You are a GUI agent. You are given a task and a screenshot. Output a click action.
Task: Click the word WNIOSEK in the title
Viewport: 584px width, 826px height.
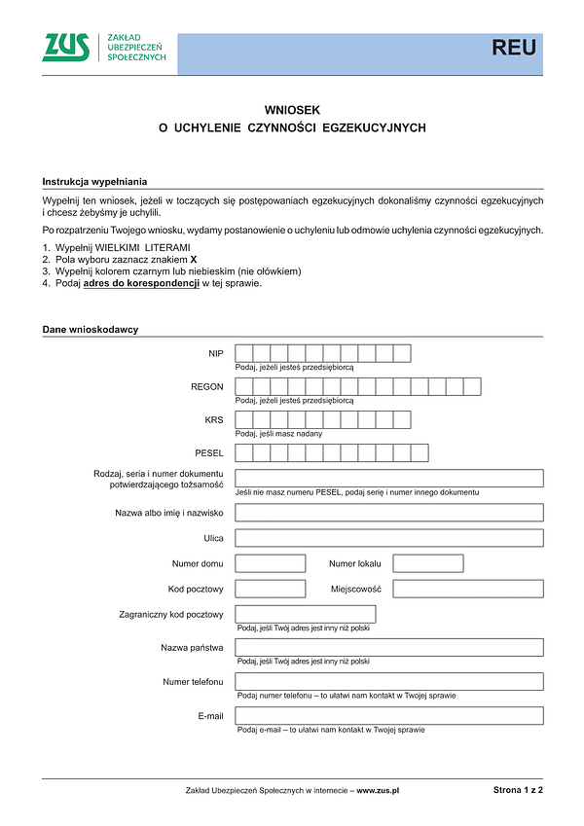[292, 111]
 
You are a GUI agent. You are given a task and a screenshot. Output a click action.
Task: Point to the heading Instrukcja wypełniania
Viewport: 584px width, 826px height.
[94, 182]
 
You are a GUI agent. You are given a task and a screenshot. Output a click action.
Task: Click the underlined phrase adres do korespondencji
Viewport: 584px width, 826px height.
[142, 284]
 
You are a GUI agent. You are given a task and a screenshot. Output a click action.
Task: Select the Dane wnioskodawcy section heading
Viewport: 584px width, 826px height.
[91, 330]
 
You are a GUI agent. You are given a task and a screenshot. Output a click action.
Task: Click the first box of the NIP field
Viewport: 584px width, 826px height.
[244, 353]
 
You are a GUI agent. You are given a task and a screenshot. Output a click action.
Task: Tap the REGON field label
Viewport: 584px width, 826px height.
[207, 387]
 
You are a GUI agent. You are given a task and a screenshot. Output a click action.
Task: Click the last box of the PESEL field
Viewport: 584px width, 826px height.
[420, 453]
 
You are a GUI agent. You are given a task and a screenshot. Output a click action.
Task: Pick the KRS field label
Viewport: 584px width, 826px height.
[214, 420]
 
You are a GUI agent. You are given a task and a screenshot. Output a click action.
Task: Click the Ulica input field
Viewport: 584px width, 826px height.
[389, 538]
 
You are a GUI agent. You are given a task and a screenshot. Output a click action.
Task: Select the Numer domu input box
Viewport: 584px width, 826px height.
[271, 563]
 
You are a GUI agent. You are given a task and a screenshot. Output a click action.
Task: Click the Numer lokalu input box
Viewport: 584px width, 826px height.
[427, 563]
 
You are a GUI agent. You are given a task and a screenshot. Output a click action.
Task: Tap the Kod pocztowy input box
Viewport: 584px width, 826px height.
[271, 589]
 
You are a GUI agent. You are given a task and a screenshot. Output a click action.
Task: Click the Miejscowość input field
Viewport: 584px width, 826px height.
[468, 589]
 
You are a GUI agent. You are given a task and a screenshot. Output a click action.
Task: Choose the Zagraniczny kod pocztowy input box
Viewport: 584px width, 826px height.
[306, 614]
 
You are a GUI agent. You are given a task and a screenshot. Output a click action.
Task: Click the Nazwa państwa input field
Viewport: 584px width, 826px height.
[389, 648]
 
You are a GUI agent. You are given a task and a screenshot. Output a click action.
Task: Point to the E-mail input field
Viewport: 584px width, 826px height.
[389, 716]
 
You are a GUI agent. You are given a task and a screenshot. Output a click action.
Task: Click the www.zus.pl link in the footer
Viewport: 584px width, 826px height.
[379, 791]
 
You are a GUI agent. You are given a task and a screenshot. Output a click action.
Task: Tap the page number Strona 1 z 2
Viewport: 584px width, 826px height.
[518, 790]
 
